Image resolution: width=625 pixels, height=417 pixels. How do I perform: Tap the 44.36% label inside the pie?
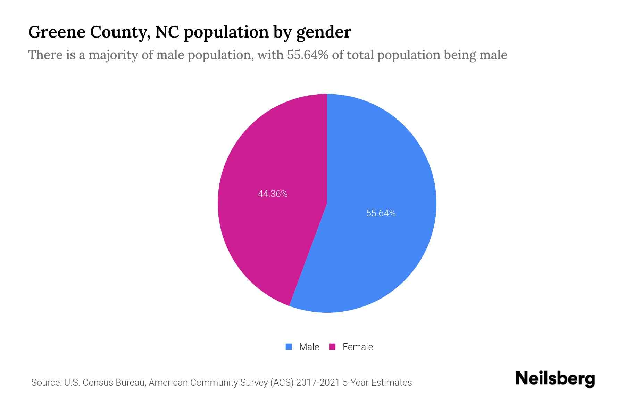click(273, 194)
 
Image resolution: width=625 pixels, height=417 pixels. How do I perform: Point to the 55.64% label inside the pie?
click(381, 213)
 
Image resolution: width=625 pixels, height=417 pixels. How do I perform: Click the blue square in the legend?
click(289, 347)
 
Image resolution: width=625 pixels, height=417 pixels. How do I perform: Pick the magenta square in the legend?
click(332, 347)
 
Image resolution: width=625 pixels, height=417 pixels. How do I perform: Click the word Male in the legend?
click(309, 347)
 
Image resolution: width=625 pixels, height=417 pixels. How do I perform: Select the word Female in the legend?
click(358, 347)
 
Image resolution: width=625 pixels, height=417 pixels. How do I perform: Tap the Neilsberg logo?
click(555, 379)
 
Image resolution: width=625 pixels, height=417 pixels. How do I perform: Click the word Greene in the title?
click(56, 32)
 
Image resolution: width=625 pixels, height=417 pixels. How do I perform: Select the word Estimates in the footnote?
click(391, 383)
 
